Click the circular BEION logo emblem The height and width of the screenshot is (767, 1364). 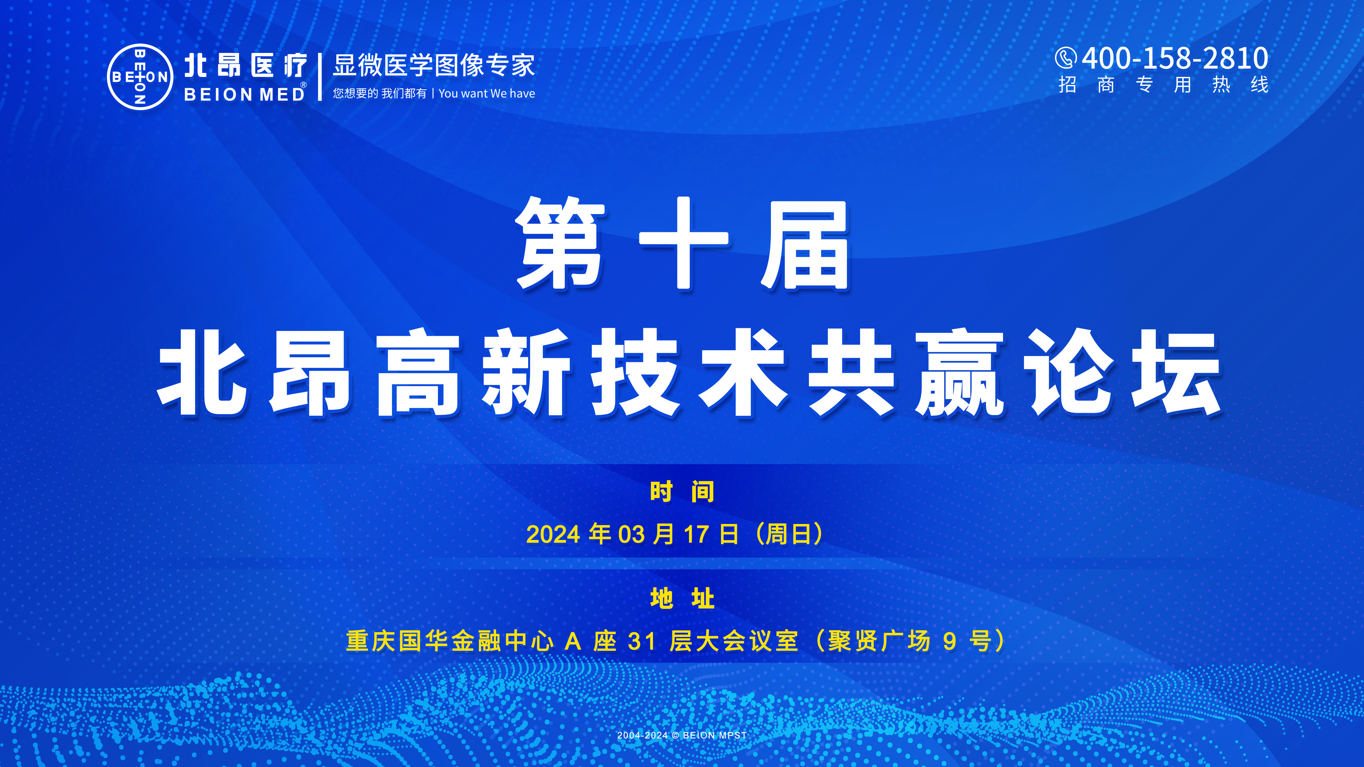pos(140,77)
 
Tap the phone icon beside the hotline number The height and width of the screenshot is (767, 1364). pos(1065,58)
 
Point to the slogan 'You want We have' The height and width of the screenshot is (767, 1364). pos(487,94)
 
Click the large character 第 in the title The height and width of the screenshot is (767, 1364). pos(560,243)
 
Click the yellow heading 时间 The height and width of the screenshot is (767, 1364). pos(682,491)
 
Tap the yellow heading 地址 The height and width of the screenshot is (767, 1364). pos(682,598)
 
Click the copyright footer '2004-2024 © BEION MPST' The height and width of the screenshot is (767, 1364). pos(682,735)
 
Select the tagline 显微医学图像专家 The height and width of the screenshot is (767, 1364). pos(434,66)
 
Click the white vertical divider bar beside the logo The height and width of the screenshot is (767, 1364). pos(320,77)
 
